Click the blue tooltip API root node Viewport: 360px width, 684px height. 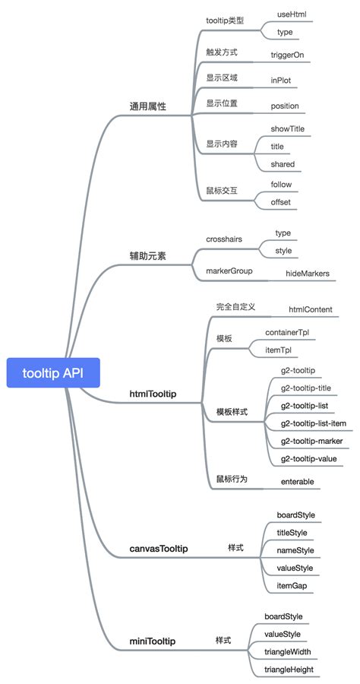pos(52,372)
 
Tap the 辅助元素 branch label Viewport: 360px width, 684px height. pos(147,256)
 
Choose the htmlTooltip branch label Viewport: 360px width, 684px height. pos(153,394)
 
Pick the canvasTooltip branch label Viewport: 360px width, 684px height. pos(159,548)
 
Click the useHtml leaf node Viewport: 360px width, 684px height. pos(292,14)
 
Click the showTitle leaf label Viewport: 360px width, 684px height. pos(288,128)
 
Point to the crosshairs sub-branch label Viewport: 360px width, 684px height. pos(224,239)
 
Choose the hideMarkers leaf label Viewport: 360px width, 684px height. pos(308,273)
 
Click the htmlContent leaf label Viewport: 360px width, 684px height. pos(311,309)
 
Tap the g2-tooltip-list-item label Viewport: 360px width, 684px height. pos(314,423)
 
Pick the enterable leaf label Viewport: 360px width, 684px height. pos(298,481)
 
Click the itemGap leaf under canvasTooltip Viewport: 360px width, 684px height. pos(292,586)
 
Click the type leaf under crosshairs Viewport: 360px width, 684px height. pos(283,233)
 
